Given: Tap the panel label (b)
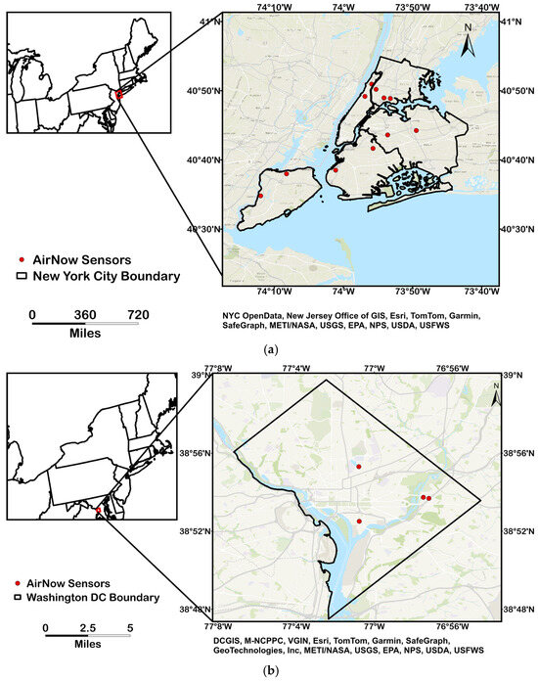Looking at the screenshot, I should pyautogui.click(x=269, y=671).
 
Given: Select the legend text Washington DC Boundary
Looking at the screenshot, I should pyautogui.click(x=96, y=596).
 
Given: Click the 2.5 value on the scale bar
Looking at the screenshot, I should pyautogui.click(x=87, y=627).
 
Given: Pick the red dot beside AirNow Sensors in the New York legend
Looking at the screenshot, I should pyautogui.click(x=22, y=259).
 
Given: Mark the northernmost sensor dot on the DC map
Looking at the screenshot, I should pyautogui.click(x=359, y=467).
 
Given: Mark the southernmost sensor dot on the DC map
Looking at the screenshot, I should pyautogui.click(x=359, y=521).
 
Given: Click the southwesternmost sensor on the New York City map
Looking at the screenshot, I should pyautogui.click(x=260, y=196).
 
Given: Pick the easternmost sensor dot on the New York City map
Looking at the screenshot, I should pyautogui.click(x=416, y=130).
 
